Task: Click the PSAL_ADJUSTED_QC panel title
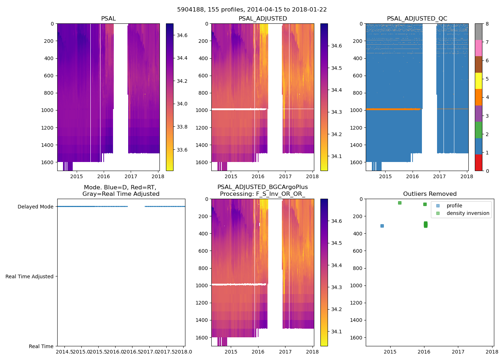(417, 19)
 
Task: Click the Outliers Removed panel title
(430, 194)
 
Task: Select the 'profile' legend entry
(454, 206)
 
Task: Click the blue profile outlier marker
(382, 226)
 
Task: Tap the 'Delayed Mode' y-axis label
(35, 207)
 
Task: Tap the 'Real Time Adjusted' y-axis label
(30, 276)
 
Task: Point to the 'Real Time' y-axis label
(41, 346)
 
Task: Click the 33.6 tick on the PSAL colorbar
(182, 150)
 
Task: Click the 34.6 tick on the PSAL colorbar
(182, 35)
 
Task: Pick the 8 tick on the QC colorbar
(487, 24)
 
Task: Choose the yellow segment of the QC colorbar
(478, 81)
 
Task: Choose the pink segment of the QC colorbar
(478, 48)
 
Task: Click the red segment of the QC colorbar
(478, 162)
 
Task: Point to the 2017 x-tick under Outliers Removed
(458, 351)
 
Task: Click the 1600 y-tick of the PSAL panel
(47, 162)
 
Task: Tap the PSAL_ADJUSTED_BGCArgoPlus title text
(262, 187)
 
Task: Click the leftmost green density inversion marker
(400, 203)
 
